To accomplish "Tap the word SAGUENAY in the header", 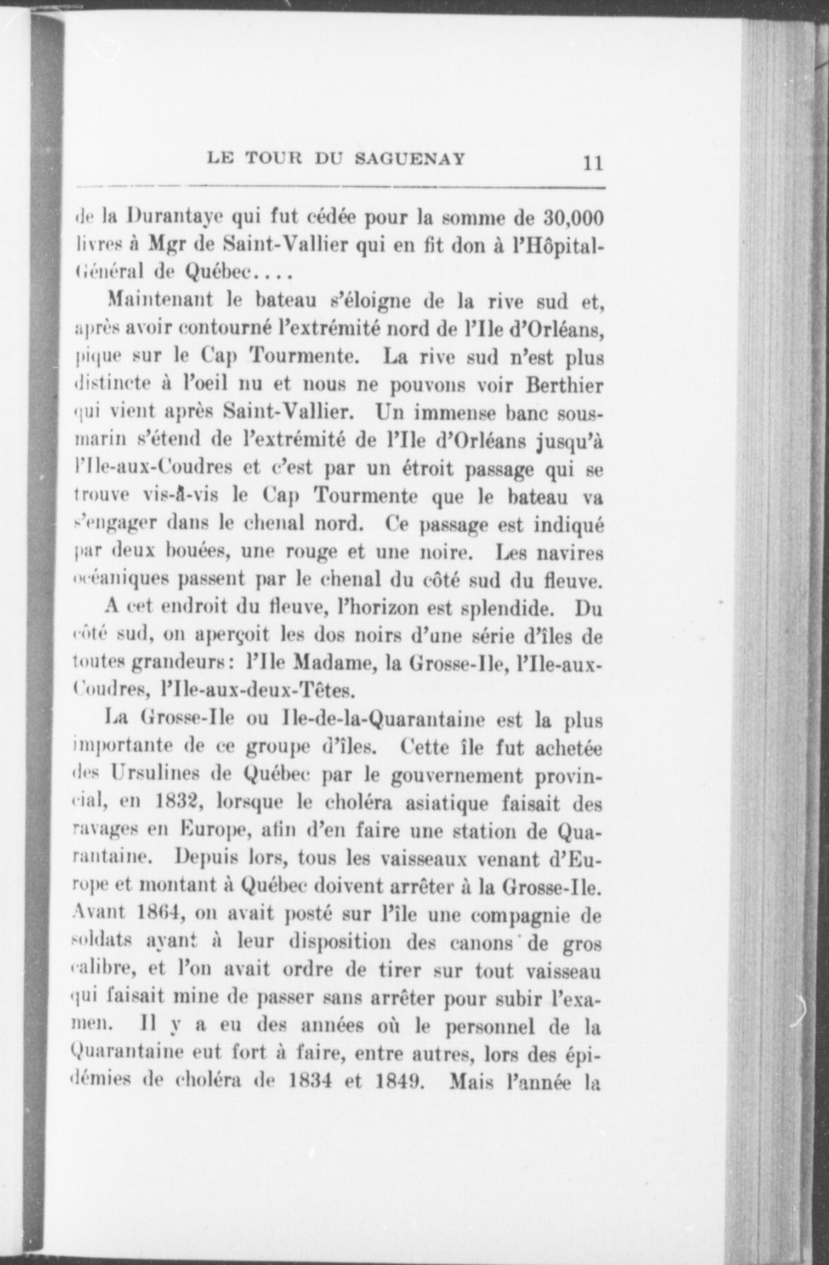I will tap(410, 159).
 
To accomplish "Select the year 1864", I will tap(157, 916).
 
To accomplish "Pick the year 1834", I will tap(309, 1083).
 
